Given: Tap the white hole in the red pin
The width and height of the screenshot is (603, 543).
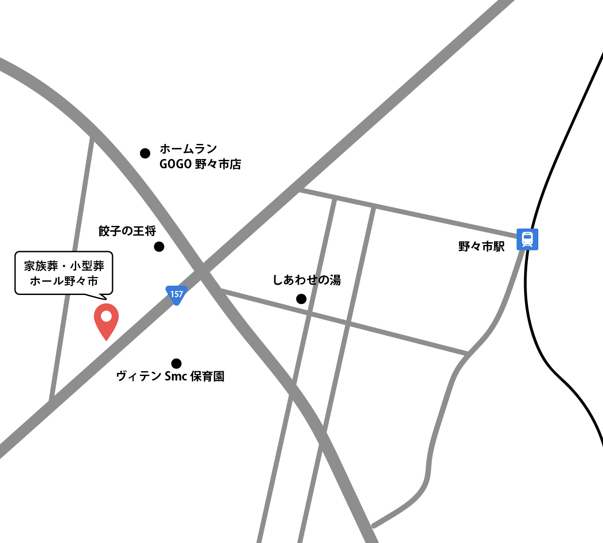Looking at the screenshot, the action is click(x=106, y=316).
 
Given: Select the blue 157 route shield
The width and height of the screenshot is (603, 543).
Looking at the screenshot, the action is click(x=176, y=295).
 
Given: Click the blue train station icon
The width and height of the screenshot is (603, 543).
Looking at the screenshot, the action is click(x=527, y=239).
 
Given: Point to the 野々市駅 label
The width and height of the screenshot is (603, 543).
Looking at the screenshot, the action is click(x=482, y=246).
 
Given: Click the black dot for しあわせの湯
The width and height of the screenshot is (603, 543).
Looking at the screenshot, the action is click(x=301, y=299).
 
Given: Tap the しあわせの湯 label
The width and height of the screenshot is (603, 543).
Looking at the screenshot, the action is click(x=307, y=280).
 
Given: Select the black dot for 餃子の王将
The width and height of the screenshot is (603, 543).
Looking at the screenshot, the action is click(x=159, y=247).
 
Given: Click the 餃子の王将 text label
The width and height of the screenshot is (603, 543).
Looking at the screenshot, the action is click(x=127, y=231).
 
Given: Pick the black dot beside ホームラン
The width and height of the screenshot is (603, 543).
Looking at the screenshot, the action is click(x=145, y=153).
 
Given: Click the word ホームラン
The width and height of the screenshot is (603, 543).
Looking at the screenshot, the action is click(x=188, y=149).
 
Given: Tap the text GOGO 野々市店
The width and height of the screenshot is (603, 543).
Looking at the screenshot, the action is click(x=200, y=164).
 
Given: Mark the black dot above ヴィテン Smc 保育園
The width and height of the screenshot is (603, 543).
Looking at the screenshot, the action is click(x=176, y=364).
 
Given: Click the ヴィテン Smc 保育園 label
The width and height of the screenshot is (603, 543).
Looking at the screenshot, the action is click(x=170, y=376).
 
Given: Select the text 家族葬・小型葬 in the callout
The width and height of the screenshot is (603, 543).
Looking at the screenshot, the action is click(x=64, y=266).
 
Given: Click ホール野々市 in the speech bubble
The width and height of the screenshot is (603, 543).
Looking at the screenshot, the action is click(x=64, y=281).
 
